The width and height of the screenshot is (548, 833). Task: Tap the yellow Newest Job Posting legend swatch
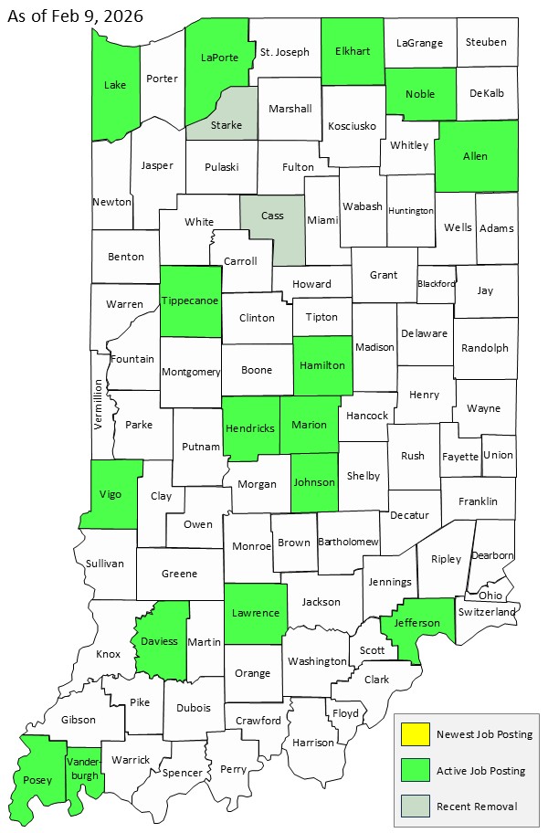(x=416, y=734)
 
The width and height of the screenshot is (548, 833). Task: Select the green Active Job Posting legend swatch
(x=416, y=770)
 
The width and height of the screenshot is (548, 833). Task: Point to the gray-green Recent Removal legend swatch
(x=416, y=806)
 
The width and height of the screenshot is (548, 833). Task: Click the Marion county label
(x=309, y=425)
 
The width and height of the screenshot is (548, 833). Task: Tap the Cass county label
(x=272, y=216)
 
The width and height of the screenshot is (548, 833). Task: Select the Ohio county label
(x=490, y=595)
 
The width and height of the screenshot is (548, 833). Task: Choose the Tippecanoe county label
(x=190, y=301)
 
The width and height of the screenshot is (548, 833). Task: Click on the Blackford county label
(x=436, y=283)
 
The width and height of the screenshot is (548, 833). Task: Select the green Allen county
(x=475, y=156)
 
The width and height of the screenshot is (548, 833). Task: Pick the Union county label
(x=498, y=455)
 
